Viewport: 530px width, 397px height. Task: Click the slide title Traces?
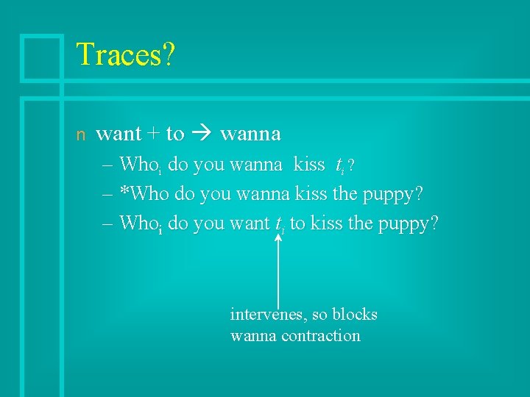click(x=125, y=55)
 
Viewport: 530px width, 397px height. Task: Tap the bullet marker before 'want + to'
click(x=82, y=135)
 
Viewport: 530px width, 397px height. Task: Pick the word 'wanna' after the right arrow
click(x=250, y=135)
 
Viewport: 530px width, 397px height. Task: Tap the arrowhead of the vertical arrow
click(x=278, y=237)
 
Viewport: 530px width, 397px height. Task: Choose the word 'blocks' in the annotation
click(x=354, y=315)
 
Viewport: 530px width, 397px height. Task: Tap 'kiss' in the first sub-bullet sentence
click(x=309, y=165)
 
